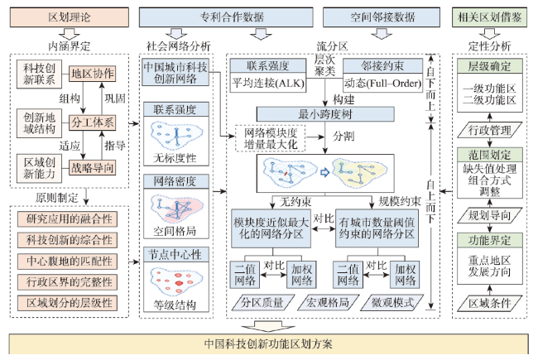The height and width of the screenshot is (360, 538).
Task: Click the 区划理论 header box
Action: [70, 17]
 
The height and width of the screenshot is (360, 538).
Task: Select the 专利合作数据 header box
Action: [226, 17]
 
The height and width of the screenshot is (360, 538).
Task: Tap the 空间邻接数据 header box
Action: [382, 17]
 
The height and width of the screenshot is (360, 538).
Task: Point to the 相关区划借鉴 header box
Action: [490, 17]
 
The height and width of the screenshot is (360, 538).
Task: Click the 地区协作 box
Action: [93, 74]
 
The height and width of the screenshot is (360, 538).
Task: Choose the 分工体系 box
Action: [93, 122]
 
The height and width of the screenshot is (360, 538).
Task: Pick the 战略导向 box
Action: [93, 168]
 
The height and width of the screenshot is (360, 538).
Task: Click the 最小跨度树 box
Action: [325, 114]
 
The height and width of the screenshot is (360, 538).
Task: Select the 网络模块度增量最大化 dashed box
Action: [271, 138]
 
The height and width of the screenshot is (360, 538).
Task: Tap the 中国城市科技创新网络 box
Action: [175, 72]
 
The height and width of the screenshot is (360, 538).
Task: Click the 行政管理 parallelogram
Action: [490, 130]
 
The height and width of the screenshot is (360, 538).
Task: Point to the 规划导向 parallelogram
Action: [490, 215]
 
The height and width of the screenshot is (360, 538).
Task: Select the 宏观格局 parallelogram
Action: [328, 302]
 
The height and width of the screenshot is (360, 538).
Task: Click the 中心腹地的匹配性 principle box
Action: [67, 262]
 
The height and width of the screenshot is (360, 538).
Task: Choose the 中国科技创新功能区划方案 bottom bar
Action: [268, 344]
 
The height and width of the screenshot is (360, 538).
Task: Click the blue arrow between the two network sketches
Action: [324, 172]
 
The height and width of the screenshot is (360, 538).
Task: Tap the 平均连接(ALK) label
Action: [268, 83]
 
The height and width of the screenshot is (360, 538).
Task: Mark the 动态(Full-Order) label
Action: [382, 83]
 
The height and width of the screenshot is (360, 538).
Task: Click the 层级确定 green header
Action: [490, 66]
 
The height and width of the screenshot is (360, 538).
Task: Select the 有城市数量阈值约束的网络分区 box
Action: [377, 228]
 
